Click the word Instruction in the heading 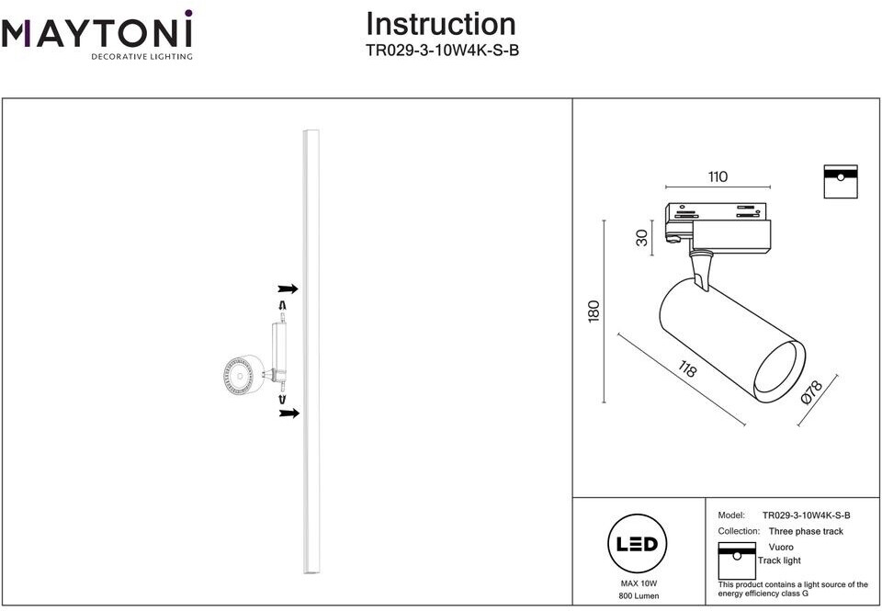pos(440,24)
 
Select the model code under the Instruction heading pos(442,51)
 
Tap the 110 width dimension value pos(718,176)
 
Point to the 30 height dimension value pos(642,237)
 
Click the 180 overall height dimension pos(594,311)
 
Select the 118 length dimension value pos(687,369)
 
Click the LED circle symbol pos(638,543)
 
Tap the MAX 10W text pos(639,583)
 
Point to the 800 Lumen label pos(639,595)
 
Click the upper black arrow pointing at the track pos(288,289)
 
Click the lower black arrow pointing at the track pos(288,413)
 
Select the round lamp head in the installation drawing pos(242,374)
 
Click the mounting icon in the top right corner pos(841,181)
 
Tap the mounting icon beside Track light pos(737,560)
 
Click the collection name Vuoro pos(781,547)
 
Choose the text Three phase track pos(806,531)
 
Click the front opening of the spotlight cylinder pos(780,371)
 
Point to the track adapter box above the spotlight pos(718,226)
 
